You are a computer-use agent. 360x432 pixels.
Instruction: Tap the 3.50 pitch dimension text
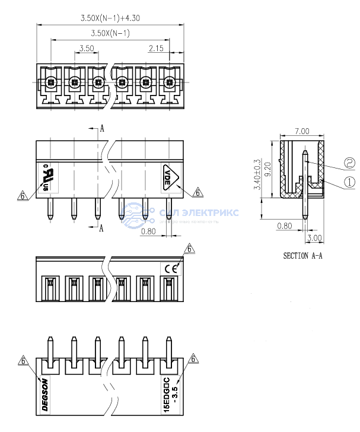point(86,49)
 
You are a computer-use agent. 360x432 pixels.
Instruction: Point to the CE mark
point(171,268)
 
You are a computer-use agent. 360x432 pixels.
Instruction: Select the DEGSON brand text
point(45,392)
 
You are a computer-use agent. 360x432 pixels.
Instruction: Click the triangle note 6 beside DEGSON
point(24,360)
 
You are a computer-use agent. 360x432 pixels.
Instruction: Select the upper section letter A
point(102,128)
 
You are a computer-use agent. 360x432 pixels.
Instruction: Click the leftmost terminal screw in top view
point(51,82)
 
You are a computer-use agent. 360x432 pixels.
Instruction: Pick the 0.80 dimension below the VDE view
point(149,231)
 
